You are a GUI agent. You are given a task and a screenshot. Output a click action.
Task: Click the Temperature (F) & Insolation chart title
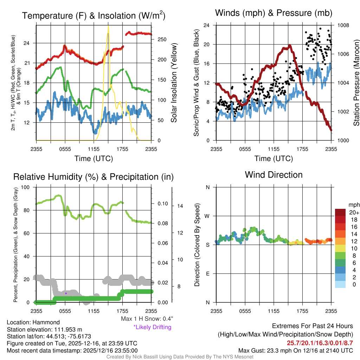[x=94, y=16]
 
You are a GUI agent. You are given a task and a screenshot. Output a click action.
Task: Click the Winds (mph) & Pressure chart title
[x=274, y=13]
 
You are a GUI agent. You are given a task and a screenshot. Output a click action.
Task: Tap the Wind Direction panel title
[x=274, y=175]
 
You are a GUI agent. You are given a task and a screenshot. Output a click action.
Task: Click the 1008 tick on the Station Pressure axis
[x=343, y=25]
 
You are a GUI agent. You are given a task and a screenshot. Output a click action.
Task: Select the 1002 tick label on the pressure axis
[x=343, y=112]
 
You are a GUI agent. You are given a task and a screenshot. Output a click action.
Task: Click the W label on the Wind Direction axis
[x=207, y=216]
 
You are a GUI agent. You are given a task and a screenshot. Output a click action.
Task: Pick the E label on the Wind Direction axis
[x=207, y=274]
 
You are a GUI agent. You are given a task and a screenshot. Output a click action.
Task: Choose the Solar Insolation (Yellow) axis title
[x=174, y=83]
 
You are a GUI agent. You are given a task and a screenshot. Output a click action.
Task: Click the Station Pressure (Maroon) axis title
[x=356, y=83]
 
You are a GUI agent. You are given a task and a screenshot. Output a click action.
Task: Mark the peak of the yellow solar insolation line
[x=108, y=26]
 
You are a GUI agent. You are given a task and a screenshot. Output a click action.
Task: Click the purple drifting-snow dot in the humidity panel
[x=66, y=293]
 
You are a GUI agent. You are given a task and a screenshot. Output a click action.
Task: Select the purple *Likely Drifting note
[x=152, y=327]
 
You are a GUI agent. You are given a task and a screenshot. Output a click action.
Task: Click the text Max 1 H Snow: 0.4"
[x=147, y=319]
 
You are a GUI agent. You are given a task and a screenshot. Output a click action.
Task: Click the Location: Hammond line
[x=33, y=322]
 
